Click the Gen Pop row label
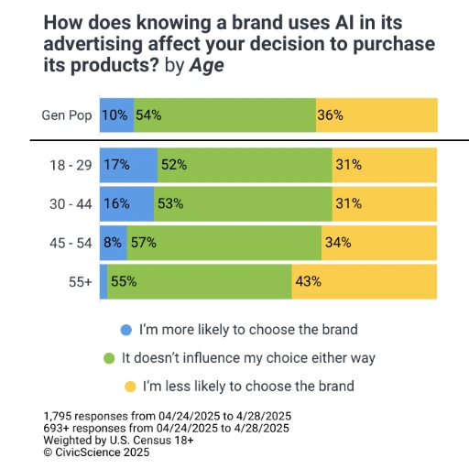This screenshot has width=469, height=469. click(67, 115)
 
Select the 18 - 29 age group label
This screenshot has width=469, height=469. click(70, 165)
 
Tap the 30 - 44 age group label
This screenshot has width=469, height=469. click(70, 203)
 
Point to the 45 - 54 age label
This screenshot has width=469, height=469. click(70, 243)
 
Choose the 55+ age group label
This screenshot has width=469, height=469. click(80, 282)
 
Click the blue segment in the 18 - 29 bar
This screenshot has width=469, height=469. click(127, 165)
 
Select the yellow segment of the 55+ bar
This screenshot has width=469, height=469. click(365, 282)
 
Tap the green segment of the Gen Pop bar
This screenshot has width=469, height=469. click(224, 115)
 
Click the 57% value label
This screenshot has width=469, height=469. click(143, 243)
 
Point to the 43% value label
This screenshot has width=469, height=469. click(307, 282)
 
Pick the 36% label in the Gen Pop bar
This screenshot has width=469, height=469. click(330, 115)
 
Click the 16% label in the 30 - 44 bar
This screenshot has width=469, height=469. click(117, 203)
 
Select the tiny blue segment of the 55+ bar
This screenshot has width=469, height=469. click(104, 282)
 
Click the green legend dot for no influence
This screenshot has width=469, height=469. click(109, 358)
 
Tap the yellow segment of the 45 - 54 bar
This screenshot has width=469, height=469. click(379, 243)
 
